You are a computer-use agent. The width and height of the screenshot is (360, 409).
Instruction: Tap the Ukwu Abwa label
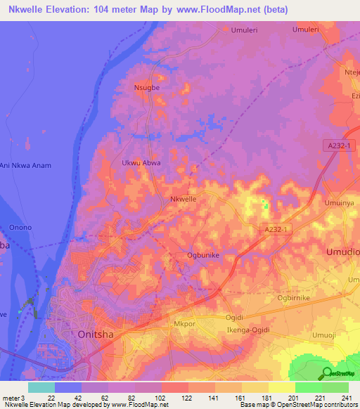pyautogui.click(x=141, y=163)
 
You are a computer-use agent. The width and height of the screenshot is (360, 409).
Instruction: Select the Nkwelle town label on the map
pyautogui.click(x=184, y=200)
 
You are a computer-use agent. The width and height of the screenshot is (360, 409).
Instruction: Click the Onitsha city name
pyautogui.click(x=93, y=335)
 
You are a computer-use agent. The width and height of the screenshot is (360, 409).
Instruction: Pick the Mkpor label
pyautogui.click(x=184, y=324)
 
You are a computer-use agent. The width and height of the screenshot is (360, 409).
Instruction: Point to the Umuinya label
pyautogui.click(x=340, y=202)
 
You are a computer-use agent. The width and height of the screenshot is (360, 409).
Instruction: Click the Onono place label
pyautogui.click(x=20, y=227)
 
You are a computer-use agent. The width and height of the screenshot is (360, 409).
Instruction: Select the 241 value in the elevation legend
pyautogui.click(x=346, y=398)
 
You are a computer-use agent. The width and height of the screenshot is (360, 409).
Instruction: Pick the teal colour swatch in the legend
pyautogui.click(x=41, y=387)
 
